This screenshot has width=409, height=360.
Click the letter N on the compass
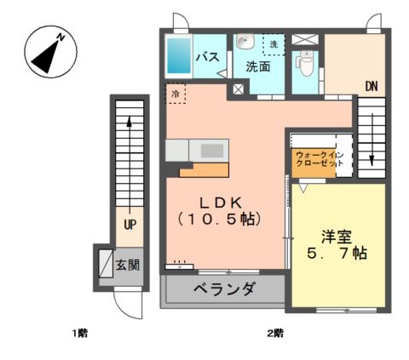pyautogui.click(x=61, y=37)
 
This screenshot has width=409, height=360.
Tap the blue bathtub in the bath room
pyautogui.click(x=179, y=56)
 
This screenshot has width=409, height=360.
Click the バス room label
pyautogui.click(x=208, y=57)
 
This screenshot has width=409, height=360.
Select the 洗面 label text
pyautogui.click(x=258, y=66)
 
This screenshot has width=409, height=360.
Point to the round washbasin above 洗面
pyautogui.click(x=245, y=42)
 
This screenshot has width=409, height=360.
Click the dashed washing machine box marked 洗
pyautogui.click(x=274, y=44)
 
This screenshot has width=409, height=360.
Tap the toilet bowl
pyautogui.click(x=305, y=64)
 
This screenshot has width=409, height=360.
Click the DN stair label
pyautogui.click(x=372, y=87)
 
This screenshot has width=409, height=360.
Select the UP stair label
pyautogui.click(x=130, y=225)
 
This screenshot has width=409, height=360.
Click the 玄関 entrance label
pyautogui.click(x=127, y=266)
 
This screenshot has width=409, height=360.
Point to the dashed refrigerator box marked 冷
pyautogui.click(x=176, y=94)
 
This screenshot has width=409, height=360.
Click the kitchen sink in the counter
pyautogui.click(x=212, y=151)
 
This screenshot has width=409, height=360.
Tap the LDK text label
pyautogui.click(x=221, y=203)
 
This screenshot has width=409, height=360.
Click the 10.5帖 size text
pyautogui.click(x=219, y=220)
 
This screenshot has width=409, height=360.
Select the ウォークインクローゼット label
pyautogui.click(x=320, y=159)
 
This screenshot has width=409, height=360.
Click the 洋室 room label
pyautogui.click(x=337, y=237)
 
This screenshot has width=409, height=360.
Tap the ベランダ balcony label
pyautogui.click(x=224, y=289)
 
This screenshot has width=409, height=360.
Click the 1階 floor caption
pyautogui.click(x=79, y=333)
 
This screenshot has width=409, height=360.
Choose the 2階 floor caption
pyautogui.click(x=275, y=333)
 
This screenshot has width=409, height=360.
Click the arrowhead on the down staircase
pyautogui.click(x=372, y=160)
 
